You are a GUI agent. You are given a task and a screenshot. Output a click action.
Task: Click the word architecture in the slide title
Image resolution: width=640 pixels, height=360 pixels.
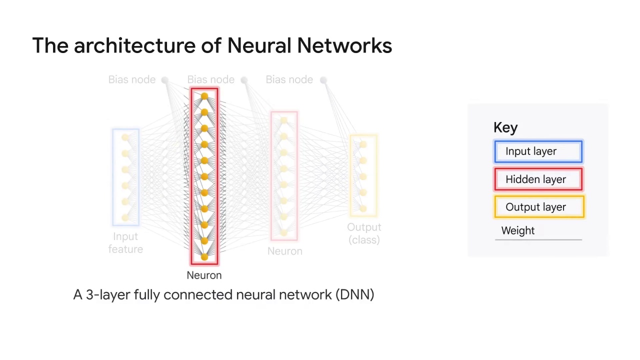click(x=135, y=45)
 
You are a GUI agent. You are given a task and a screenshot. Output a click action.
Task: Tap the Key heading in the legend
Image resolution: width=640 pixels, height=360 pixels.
click(x=505, y=127)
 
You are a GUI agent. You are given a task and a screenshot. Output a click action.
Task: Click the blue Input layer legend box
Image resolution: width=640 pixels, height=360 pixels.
click(x=538, y=151)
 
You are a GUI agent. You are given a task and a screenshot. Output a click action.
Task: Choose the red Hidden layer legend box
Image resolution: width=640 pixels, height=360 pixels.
click(x=538, y=179)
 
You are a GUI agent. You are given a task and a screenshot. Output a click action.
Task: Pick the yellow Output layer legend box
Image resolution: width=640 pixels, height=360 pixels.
click(x=538, y=207)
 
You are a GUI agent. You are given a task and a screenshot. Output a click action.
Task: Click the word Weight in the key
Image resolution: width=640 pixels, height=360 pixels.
click(x=517, y=230)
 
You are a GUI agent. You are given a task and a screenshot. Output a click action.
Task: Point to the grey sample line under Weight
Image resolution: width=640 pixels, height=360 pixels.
click(x=538, y=240)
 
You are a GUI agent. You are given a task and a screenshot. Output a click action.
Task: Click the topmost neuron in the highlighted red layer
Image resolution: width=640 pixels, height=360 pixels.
click(x=204, y=96)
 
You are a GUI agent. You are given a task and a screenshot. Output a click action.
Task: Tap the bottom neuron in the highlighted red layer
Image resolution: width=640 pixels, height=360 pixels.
click(x=204, y=257)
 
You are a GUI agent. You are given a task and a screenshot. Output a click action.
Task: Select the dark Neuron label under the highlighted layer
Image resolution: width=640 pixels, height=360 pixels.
click(x=204, y=275)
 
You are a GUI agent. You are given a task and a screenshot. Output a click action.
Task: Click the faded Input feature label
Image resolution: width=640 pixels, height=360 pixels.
click(x=125, y=242)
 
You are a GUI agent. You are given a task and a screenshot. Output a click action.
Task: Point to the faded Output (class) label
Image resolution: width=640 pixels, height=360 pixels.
click(x=364, y=233)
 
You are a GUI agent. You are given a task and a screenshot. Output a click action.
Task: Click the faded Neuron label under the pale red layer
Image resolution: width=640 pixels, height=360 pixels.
click(x=284, y=251)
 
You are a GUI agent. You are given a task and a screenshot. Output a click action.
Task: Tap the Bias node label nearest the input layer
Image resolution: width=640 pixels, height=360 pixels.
click(x=131, y=79)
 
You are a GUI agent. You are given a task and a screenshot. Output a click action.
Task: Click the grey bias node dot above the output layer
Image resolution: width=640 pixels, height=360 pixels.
click(x=323, y=80)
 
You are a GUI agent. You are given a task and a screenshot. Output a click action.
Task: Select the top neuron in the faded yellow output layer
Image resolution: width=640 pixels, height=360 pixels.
click(x=363, y=144)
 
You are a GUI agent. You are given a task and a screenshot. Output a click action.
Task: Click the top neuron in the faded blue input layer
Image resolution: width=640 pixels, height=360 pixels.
click(x=125, y=137)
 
